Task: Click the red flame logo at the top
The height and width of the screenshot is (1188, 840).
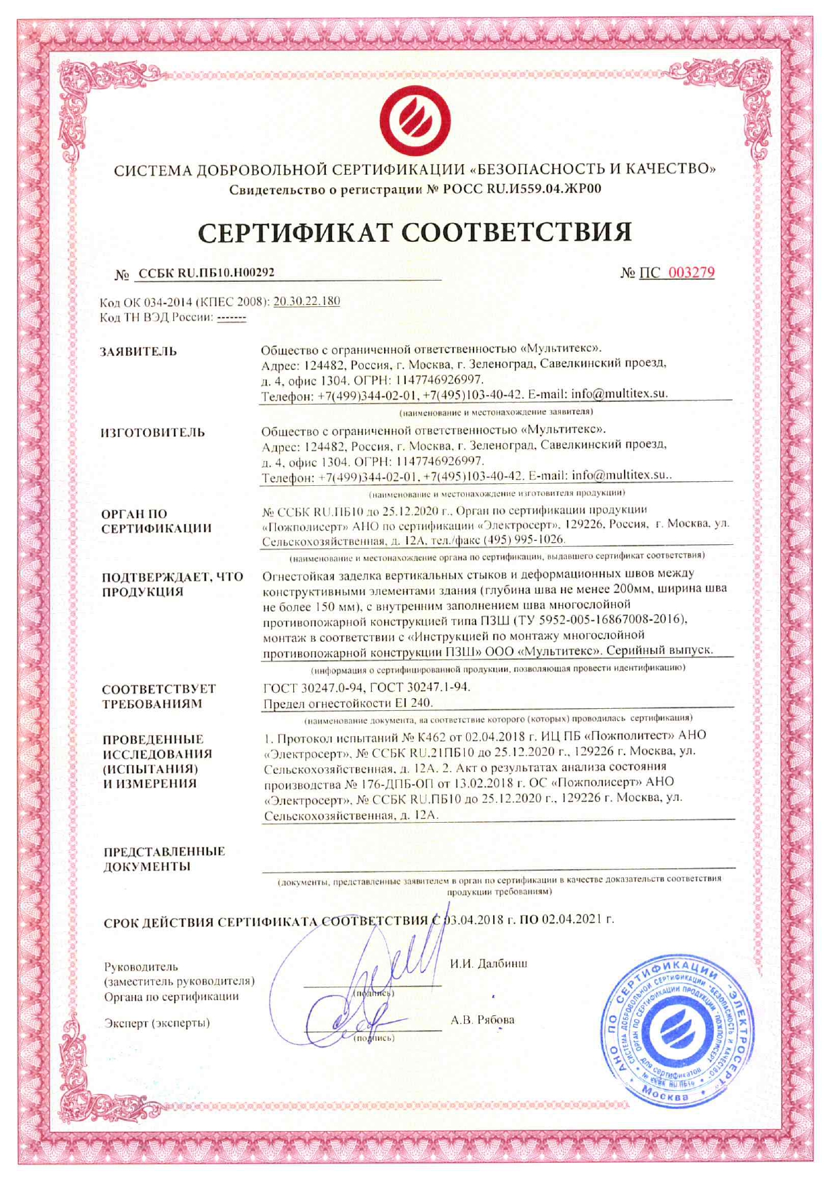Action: [x=415, y=122]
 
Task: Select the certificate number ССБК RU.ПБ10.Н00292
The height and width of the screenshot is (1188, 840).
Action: [x=206, y=272]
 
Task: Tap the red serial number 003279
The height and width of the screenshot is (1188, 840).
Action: [x=691, y=272]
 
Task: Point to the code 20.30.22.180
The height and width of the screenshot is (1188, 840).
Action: [x=306, y=301]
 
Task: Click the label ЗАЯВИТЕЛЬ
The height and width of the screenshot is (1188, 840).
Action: [x=139, y=351]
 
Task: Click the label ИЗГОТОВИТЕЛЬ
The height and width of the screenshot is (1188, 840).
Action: [x=152, y=432]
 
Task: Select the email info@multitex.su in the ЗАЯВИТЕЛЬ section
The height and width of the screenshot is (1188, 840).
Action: [x=618, y=394]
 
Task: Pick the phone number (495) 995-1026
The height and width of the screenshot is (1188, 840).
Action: [x=524, y=539]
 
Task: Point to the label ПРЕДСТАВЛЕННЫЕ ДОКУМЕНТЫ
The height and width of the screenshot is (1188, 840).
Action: [x=163, y=859]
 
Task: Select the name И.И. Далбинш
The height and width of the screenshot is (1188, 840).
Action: [x=488, y=963]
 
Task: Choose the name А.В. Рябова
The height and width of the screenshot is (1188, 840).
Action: [x=482, y=1019]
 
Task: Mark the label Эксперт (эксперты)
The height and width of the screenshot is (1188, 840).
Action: [x=156, y=1023]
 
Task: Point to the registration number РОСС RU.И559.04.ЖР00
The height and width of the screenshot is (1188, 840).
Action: [x=522, y=189]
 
